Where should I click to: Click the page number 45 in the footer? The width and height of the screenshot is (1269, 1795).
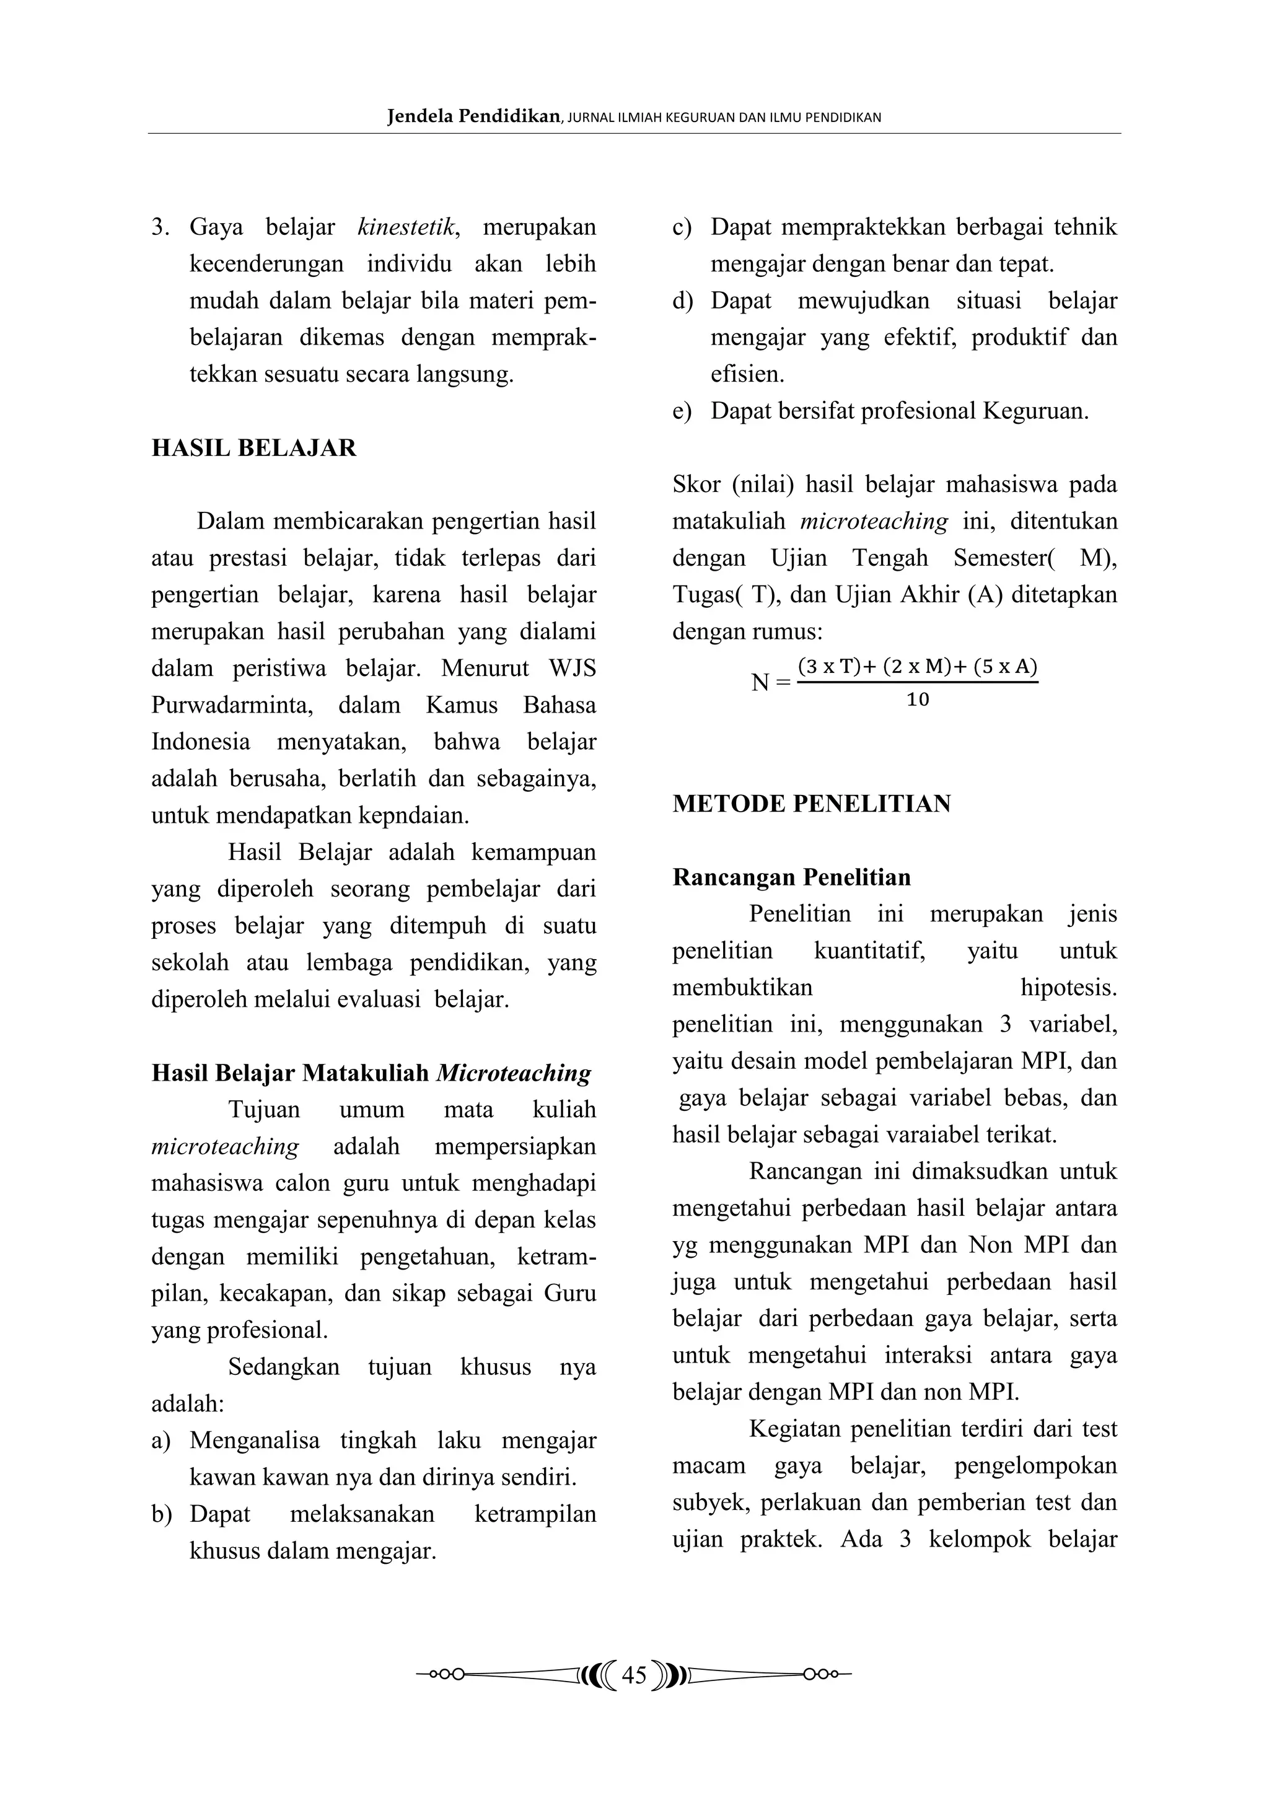tap(634, 1676)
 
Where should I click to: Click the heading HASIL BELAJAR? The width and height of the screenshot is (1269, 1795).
tap(254, 448)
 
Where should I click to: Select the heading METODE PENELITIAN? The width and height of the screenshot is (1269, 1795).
tap(812, 804)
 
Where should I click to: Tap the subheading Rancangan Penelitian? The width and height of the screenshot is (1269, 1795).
tap(791, 877)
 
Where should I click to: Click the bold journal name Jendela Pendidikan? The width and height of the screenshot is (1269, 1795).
tap(473, 117)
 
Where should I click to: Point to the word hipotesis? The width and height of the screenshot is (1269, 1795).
tap(1068, 988)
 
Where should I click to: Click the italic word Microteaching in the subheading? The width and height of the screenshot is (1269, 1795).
tap(513, 1073)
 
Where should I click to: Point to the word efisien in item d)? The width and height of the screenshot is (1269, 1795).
tap(746, 374)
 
